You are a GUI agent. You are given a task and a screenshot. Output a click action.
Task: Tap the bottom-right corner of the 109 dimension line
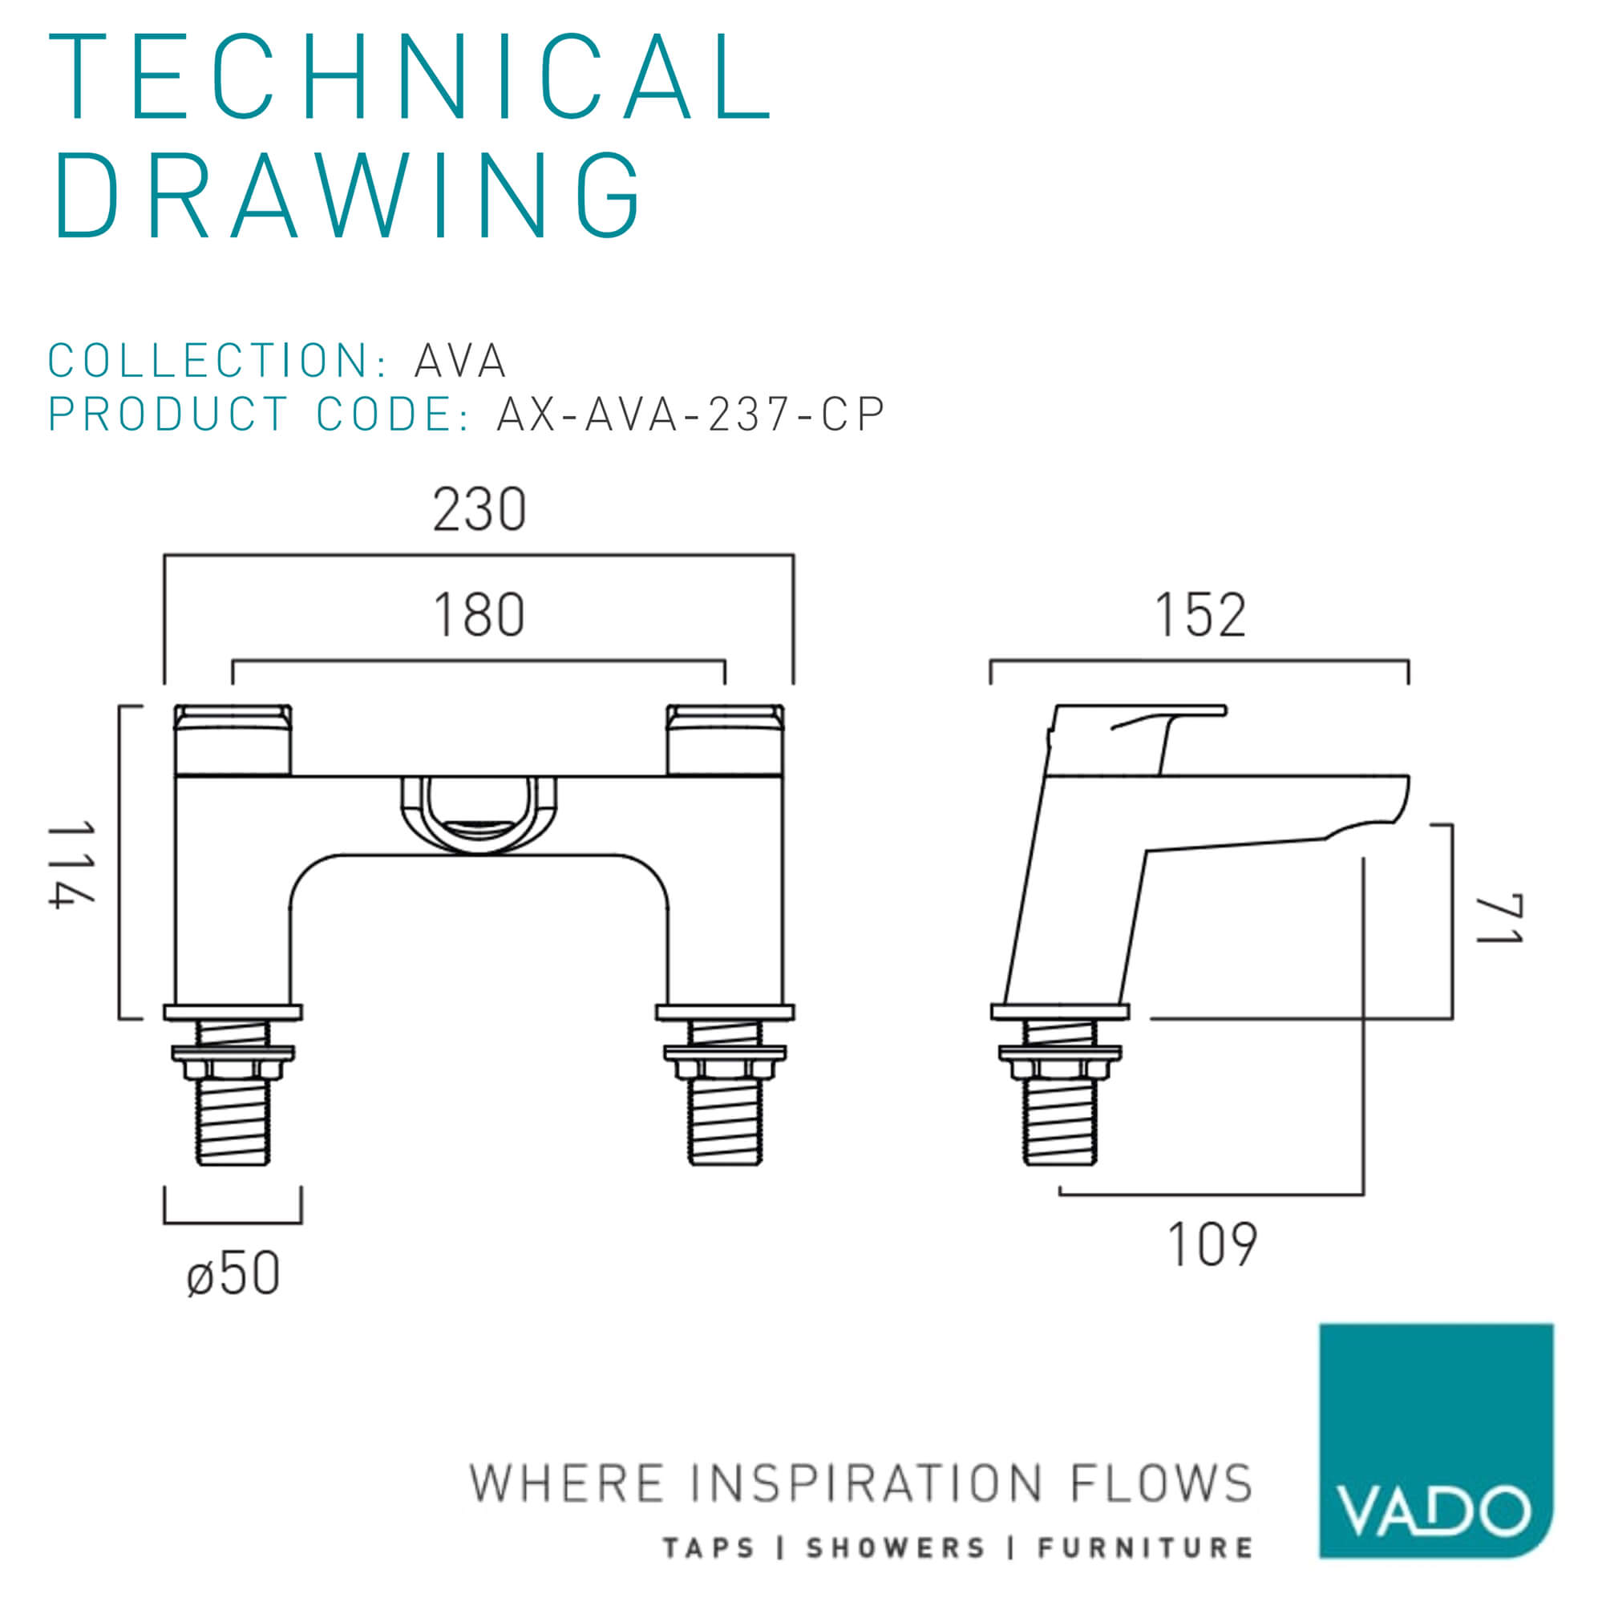pyautogui.click(x=1363, y=1195)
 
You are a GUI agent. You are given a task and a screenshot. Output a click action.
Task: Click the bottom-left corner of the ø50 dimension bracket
pyautogui.click(x=165, y=1222)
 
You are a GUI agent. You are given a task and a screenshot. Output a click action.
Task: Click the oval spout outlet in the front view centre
pyautogui.click(x=479, y=816)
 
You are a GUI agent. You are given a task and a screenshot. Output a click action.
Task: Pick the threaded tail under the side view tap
pyautogui.click(x=1060, y=1092)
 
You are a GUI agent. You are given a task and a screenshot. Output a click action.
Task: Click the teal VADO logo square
pyautogui.click(x=1436, y=1452)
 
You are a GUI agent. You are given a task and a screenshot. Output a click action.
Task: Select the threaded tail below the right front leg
pyautogui.click(x=726, y=1092)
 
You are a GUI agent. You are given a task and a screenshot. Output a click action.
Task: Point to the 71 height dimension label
pyautogui.click(x=1499, y=919)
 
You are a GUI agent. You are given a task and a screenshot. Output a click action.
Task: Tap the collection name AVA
pyautogui.click(x=460, y=361)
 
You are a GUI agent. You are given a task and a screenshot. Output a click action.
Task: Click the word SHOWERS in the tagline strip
pyautogui.click(x=896, y=1548)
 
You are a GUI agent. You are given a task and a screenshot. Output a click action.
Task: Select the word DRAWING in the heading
pyautogui.click(x=347, y=196)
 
